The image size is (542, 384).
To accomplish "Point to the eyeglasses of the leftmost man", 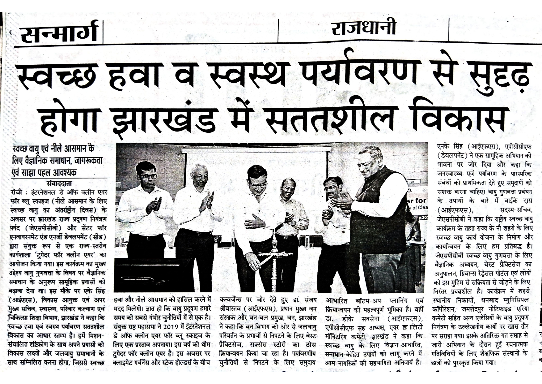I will (x=149, y=176).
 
